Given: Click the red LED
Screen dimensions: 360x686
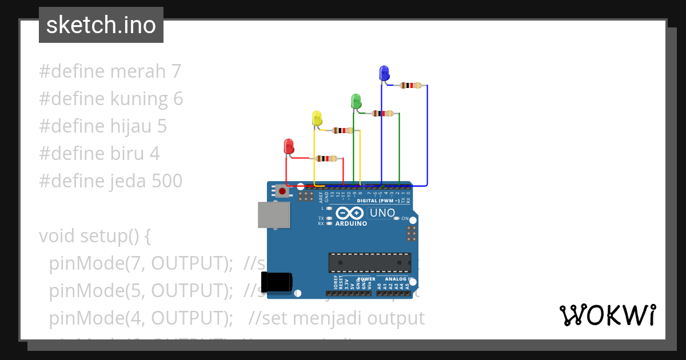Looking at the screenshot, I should (289, 146).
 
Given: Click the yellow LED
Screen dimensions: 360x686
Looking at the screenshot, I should (317, 118).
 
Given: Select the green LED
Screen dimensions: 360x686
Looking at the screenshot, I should (356, 102).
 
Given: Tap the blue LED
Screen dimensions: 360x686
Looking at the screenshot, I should (384, 73).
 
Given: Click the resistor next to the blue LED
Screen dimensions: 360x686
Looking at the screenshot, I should (410, 86).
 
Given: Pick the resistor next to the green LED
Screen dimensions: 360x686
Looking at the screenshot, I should (382, 114).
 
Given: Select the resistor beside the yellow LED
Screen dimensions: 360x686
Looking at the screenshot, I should (342, 131).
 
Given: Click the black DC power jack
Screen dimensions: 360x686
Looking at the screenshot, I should (277, 282).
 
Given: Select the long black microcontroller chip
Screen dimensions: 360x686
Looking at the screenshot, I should (369, 262).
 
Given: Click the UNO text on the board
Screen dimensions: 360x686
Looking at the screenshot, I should (382, 213).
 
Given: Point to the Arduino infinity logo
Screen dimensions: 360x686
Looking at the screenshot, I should (350, 214).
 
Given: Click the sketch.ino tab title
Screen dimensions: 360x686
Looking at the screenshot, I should (101, 25).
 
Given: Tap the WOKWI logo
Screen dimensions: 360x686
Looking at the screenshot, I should (607, 315).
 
